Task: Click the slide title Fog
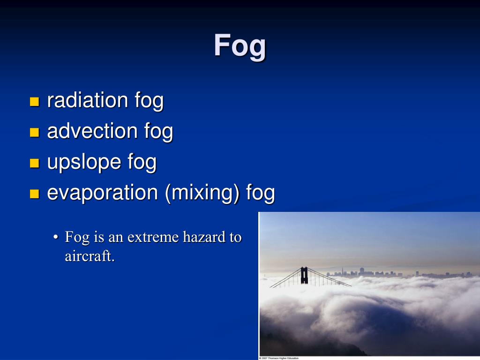tap(240, 46)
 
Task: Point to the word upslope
tap(84, 162)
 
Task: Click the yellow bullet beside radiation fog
tap(34, 102)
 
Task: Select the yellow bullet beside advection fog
tap(34, 133)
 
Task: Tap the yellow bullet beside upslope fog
tap(34, 163)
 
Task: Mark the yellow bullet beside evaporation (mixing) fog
tap(34, 194)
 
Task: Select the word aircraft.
tap(90, 256)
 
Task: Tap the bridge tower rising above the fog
tap(304, 275)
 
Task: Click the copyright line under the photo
tap(279, 358)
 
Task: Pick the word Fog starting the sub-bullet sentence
tap(77, 237)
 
